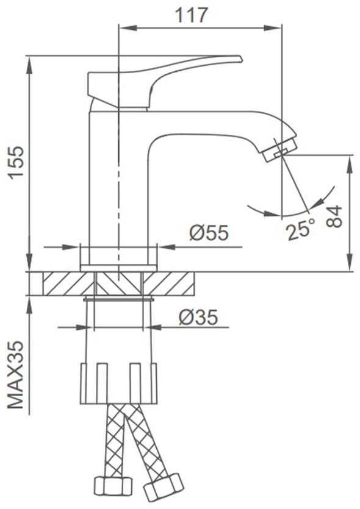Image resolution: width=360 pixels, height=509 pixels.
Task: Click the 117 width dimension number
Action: coord(191,16)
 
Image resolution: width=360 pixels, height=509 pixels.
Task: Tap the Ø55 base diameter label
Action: coord(209,232)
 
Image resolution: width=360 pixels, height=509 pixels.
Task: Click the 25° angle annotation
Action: coord(301,229)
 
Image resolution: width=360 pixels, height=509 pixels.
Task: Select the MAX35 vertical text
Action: coord(16,375)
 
